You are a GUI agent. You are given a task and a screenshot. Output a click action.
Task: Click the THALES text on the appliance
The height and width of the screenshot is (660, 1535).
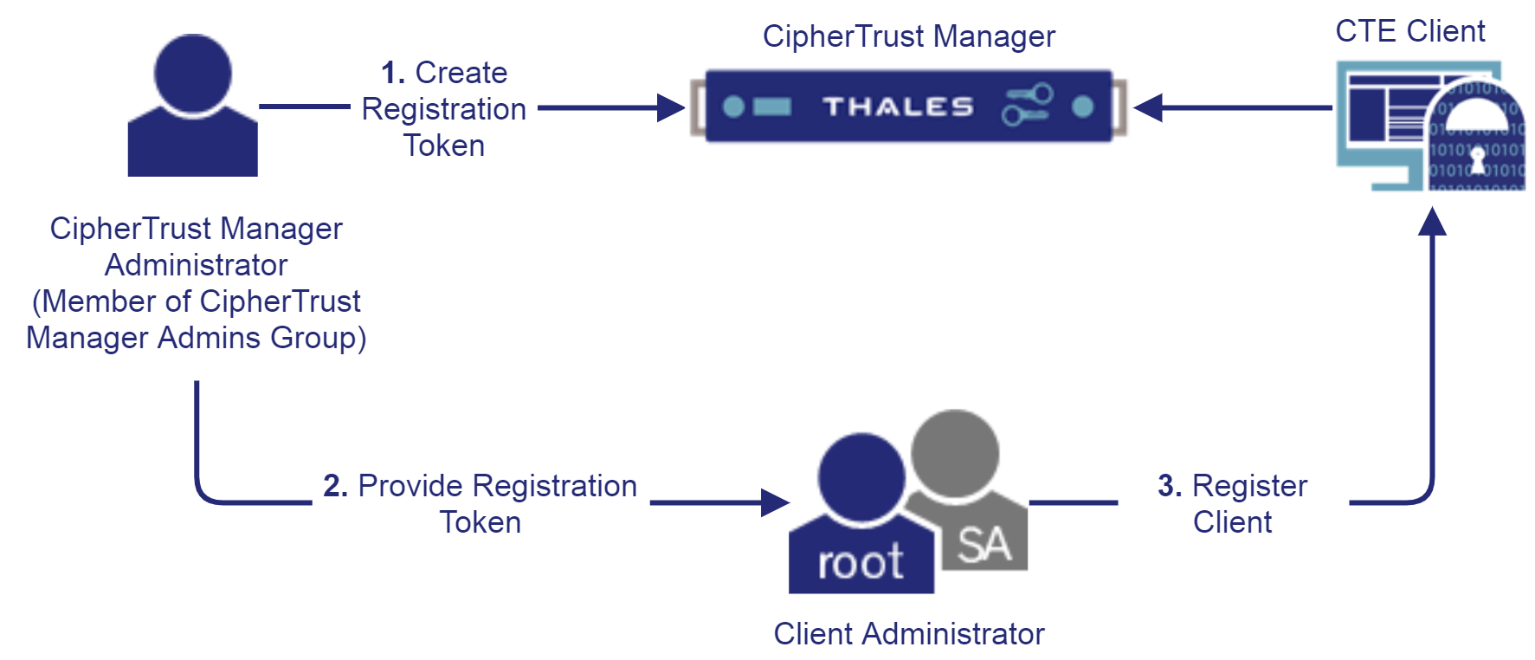pos(898,107)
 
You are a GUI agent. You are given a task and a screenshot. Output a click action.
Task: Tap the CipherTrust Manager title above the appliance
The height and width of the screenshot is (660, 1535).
pos(908,36)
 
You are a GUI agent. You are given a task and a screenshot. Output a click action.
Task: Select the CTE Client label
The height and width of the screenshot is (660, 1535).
pos(1409,31)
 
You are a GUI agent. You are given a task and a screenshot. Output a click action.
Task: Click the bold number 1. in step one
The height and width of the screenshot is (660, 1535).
pos(392,73)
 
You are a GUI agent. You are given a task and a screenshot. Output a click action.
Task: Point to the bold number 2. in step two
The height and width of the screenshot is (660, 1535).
pos(335,486)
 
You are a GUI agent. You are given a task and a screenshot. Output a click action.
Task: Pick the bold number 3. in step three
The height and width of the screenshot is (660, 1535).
pos(1169,486)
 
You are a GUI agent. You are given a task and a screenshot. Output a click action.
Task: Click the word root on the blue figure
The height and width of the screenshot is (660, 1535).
pos(861,563)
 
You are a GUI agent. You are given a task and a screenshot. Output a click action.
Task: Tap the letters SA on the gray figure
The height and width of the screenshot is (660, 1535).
pos(984,545)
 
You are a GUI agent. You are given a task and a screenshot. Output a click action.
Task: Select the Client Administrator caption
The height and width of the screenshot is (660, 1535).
pos(908,634)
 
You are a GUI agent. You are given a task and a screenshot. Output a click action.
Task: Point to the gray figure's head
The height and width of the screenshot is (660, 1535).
pos(955,453)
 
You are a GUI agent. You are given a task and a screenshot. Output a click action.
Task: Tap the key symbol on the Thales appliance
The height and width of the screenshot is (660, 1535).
pos(1028,105)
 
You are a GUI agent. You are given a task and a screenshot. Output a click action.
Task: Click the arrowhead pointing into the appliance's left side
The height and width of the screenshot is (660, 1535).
pos(671,108)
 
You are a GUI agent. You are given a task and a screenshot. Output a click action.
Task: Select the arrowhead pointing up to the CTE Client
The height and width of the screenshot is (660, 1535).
pos(1433,222)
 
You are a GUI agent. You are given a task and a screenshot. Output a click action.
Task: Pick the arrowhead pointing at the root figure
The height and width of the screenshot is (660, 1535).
pos(775,502)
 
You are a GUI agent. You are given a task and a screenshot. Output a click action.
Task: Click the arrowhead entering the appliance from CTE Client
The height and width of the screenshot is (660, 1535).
pos(1147,108)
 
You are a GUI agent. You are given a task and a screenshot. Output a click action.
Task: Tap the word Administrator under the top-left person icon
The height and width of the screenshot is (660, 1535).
pos(196,265)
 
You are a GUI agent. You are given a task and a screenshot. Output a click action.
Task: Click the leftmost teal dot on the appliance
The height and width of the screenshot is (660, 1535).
pos(733,107)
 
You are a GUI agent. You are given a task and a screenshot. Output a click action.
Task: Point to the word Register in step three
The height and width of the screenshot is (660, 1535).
pos(1249,486)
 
